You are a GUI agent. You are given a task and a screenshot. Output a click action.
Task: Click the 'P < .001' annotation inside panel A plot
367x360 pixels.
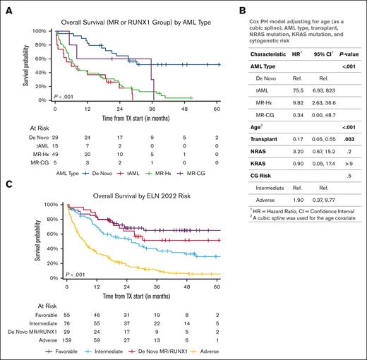tap(66, 96)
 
